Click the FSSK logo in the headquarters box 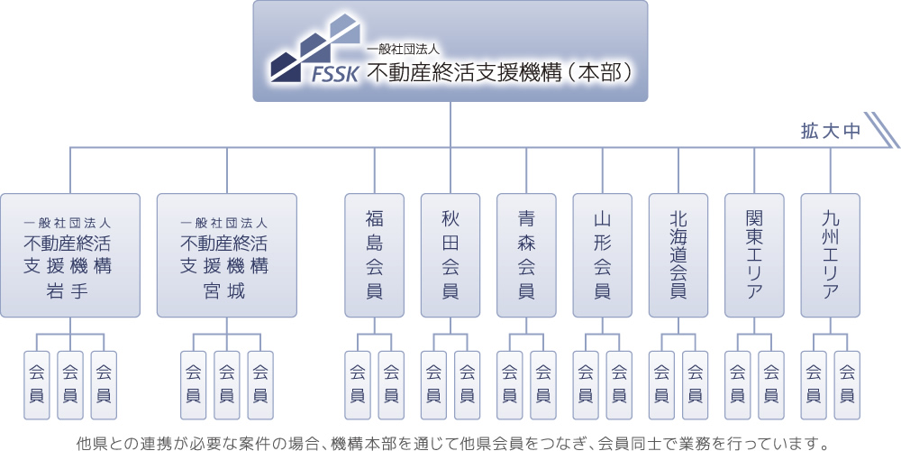(x=315, y=49)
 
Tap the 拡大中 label (x=831, y=131)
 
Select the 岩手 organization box (x=70, y=255)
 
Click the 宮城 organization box (x=227, y=255)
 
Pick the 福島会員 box (x=374, y=255)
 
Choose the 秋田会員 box (x=450, y=255)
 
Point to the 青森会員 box (x=526, y=255)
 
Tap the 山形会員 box (x=602, y=255)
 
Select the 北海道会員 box (x=678, y=255)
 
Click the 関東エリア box (x=754, y=255)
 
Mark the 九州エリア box (x=831, y=255)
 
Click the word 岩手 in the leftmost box (x=70, y=291)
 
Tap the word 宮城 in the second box (x=227, y=291)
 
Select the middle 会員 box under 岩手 (x=70, y=385)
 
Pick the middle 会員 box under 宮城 (x=227, y=385)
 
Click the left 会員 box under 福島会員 (x=358, y=385)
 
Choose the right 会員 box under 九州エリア (x=847, y=385)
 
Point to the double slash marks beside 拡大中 (x=882, y=130)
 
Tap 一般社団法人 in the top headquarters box (x=404, y=50)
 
